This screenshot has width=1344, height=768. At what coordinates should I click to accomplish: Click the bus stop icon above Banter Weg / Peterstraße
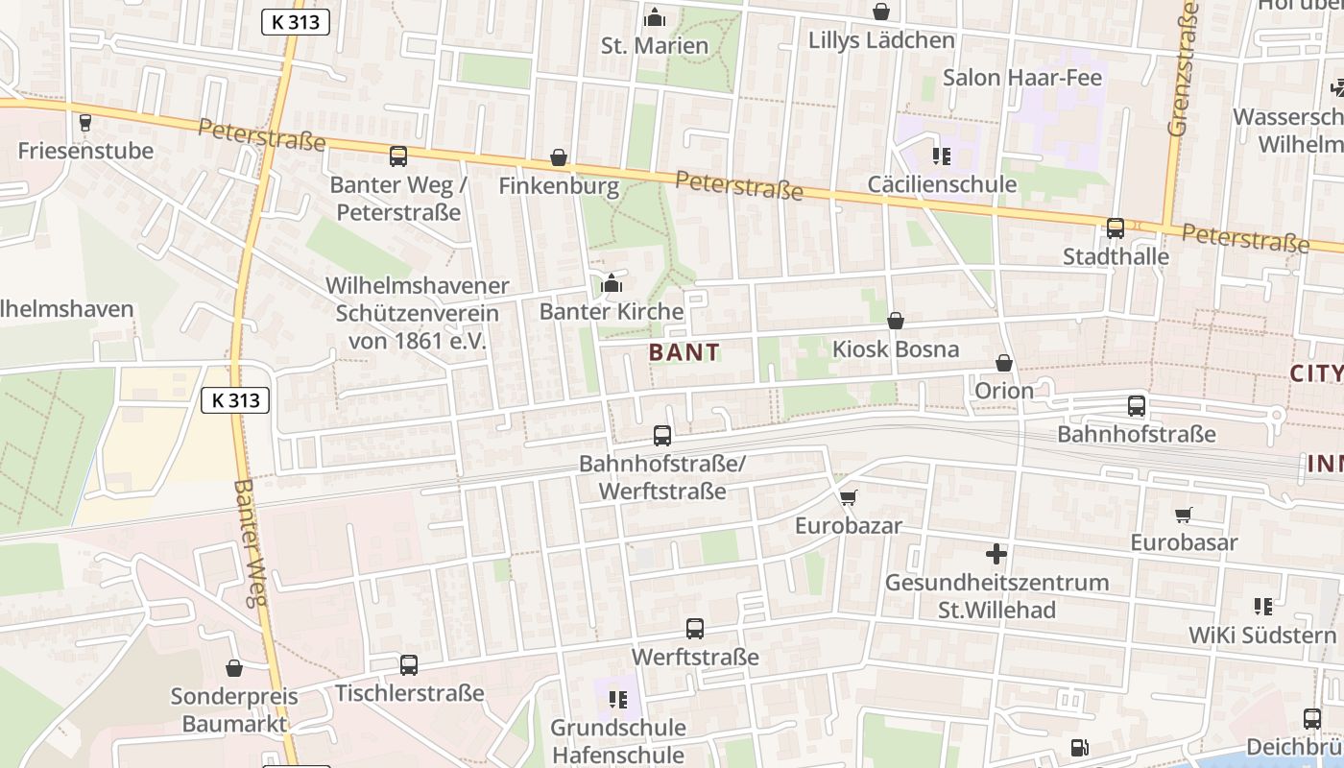click(397, 156)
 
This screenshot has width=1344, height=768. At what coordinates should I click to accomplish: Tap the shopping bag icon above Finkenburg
click(559, 157)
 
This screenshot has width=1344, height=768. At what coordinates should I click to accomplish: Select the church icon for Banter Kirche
click(612, 284)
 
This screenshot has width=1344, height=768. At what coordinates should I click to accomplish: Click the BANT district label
click(684, 352)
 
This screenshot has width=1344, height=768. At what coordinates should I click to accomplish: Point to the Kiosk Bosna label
click(895, 348)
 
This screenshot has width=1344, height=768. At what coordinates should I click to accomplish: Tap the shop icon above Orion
click(1004, 363)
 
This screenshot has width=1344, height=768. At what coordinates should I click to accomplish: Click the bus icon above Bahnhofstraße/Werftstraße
click(662, 436)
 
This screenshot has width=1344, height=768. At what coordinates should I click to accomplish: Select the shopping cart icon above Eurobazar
click(848, 497)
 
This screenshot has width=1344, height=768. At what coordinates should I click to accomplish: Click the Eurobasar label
click(1184, 541)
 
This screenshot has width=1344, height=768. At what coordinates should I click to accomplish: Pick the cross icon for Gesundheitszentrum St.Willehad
click(996, 554)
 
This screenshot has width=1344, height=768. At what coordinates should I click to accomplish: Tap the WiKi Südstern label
click(1261, 635)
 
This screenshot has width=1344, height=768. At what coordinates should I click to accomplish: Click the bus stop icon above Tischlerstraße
click(409, 664)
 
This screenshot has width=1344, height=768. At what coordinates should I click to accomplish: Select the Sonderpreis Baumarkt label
click(234, 709)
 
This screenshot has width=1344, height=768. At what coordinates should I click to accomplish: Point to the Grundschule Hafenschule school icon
click(618, 700)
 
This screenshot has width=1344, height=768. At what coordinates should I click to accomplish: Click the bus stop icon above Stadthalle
click(1116, 228)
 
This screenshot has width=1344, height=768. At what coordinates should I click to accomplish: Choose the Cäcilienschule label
click(942, 183)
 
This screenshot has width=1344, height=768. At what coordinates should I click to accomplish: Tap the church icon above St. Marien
click(655, 17)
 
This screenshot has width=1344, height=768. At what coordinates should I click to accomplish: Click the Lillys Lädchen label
click(881, 40)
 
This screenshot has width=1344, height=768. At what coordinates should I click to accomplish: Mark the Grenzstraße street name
click(1183, 69)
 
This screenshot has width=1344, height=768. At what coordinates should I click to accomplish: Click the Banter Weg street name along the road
click(248, 542)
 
